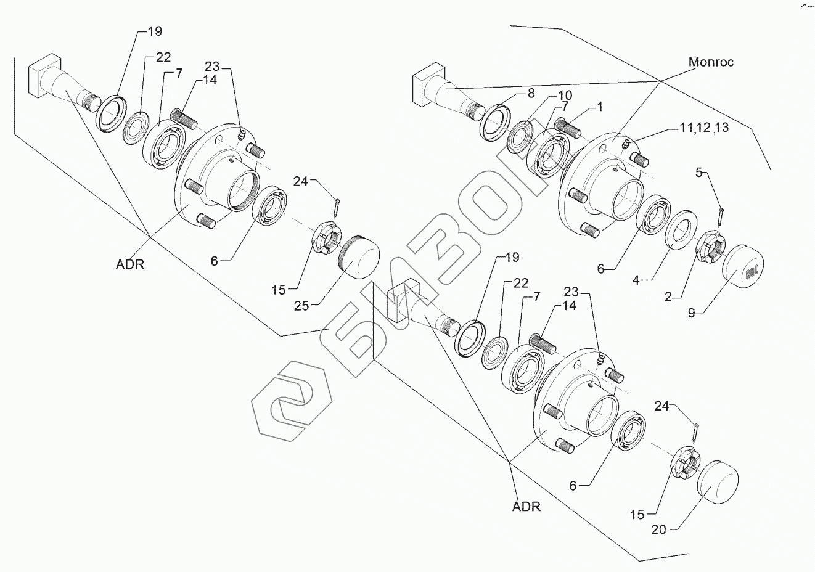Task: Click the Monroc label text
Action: click(711, 62)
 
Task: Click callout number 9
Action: click(692, 313)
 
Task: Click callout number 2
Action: click(668, 297)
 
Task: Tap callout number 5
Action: click(698, 173)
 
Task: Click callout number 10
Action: click(565, 96)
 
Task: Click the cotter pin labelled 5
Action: click(721, 216)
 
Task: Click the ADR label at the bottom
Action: click(526, 507)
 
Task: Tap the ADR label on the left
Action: click(129, 264)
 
